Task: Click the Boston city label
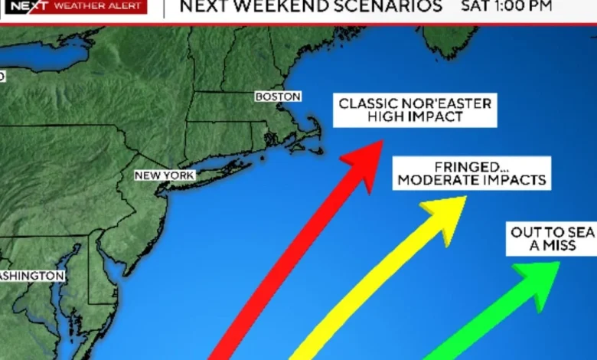click(x=278, y=97)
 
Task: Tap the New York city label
click(x=165, y=175)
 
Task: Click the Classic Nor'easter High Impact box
click(x=415, y=110)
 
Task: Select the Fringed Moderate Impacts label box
click(x=471, y=174)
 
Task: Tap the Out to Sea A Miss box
click(x=552, y=239)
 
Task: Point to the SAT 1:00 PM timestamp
click(x=507, y=7)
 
